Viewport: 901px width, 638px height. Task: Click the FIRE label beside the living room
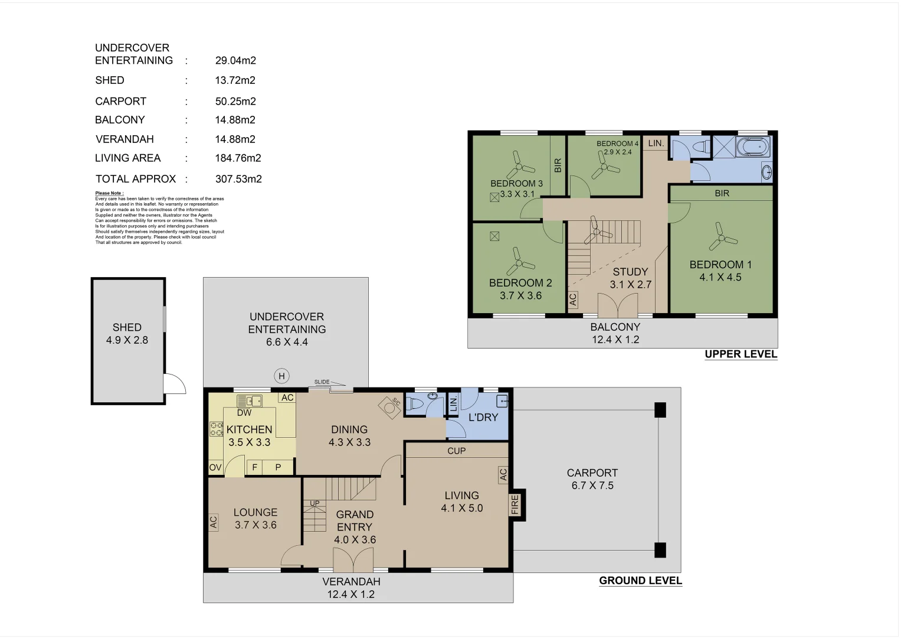tap(515, 504)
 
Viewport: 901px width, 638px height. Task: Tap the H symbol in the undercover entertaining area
tap(281, 376)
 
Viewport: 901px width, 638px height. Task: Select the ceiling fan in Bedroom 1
tap(721, 238)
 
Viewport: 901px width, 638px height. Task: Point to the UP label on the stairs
tap(314, 503)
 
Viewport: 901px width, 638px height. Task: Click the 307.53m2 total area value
tap(238, 179)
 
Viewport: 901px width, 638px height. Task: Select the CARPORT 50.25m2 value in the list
tap(235, 102)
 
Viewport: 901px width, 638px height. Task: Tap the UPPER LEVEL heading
tap(741, 354)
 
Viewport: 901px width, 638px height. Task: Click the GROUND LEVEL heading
tap(640, 581)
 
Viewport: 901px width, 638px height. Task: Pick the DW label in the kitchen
tap(244, 413)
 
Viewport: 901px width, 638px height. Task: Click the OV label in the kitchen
tap(215, 467)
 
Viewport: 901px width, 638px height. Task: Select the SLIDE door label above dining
tap(322, 382)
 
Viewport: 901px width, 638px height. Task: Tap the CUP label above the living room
tap(456, 451)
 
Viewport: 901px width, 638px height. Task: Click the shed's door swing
tap(174, 385)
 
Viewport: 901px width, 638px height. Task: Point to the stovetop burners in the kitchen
tap(216, 429)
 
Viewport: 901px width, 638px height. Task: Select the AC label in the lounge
tap(214, 522)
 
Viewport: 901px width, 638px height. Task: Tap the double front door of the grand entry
tap(353, 559)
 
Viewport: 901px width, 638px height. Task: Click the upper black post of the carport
tap(660, 409)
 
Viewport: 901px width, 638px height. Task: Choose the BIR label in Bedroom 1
tap(722, 193)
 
